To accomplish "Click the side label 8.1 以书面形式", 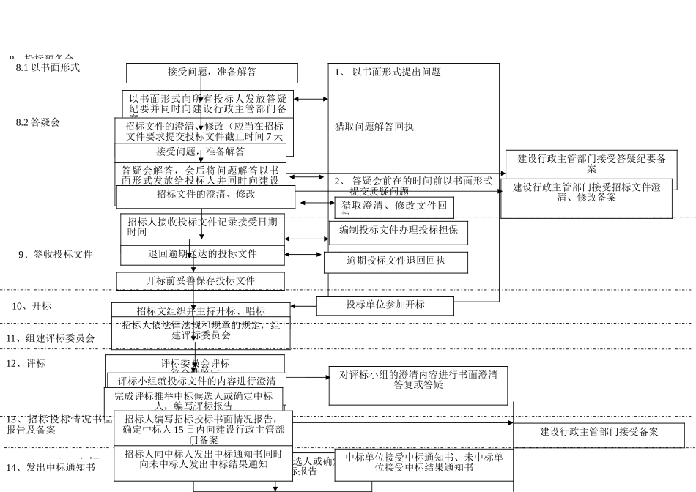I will coord(48,67).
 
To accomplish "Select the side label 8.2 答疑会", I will coord(37,122).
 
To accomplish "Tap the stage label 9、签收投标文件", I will coord(56,254).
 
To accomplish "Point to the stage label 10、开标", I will coord(32,306).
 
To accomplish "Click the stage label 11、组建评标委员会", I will coord(51,338).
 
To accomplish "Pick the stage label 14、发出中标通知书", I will coord(51,467).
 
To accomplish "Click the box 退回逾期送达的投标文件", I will coord(202,254).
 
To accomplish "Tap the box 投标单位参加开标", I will coord(385,305).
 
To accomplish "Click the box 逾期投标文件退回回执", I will coord(396,260).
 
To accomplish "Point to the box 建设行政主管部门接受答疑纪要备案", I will coord(591,163).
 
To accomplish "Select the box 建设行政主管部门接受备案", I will coord(599,432).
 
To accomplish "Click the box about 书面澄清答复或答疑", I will coord(418,380).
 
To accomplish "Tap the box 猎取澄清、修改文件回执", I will coord(394,207).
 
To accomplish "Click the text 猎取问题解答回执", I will coord(374,127).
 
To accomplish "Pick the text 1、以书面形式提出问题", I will coord(388,72).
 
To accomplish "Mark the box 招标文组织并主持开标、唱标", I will coord(201,310).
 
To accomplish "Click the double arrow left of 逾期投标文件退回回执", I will coord(303,255).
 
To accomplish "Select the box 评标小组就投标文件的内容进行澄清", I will coord(196,381).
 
